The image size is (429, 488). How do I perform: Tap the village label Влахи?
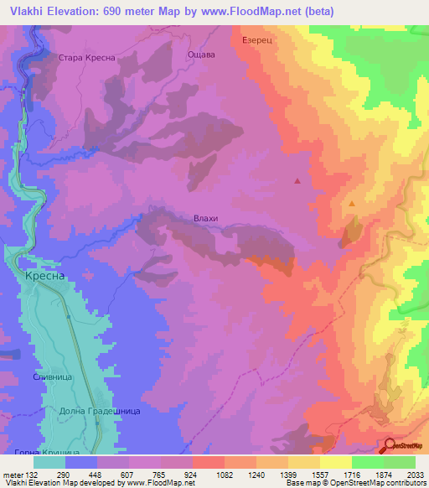pyautogui.click(x=205, y=218)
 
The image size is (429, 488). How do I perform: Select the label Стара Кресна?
pyautogui.click(x=86, y=58)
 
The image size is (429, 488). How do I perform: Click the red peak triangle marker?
pyautogui.click(x=297, y=180)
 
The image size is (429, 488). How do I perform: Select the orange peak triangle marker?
pyautogui.click(x=352, y=204)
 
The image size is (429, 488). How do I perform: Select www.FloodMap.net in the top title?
pyautogui.click(x=252, y=11)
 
